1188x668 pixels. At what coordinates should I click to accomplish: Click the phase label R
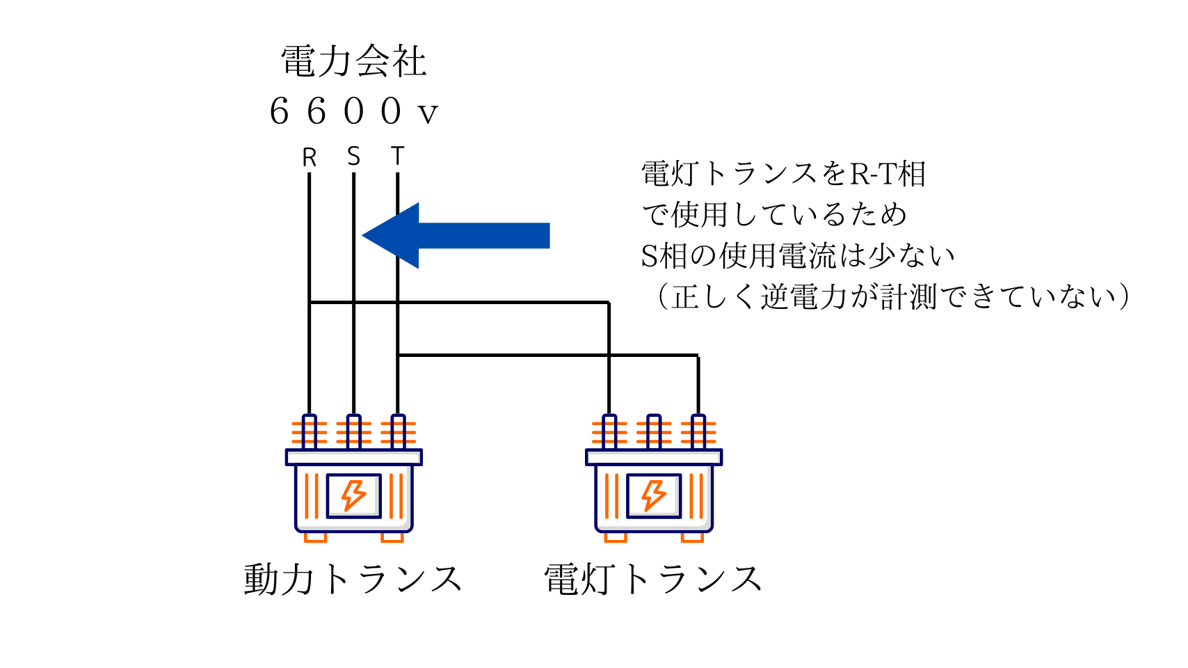[x=310, y=158]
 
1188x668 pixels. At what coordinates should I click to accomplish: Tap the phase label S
[x=354, y=157]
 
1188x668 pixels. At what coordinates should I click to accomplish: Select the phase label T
[x=397, y=157]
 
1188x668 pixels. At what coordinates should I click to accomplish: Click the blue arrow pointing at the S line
[x=456, y=235]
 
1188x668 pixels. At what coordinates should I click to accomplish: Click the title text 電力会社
[x=353, y=61]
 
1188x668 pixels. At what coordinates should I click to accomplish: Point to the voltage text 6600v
[x=353, y=111]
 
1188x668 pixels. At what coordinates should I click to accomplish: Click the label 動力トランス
[x=353, y=580]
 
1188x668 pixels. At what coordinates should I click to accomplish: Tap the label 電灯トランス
[x=652, y=580]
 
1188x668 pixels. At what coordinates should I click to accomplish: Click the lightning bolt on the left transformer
[x=353, y=496]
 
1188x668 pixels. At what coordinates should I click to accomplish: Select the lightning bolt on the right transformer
[x=654, y=496]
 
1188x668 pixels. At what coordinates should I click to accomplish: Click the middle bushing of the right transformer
[x=654, y=432]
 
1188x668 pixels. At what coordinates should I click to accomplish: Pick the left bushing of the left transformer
[x=310, y=432]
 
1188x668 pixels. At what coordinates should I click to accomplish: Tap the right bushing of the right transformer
[x=698, y=432]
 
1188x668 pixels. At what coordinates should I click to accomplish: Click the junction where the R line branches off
[x=310, y=303]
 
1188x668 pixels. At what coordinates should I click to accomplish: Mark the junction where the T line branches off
[x=398, y=356]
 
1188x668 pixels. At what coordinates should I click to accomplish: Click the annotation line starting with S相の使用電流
[x=797, y=256]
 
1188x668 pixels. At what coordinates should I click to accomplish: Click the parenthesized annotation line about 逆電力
[x=890, y=297]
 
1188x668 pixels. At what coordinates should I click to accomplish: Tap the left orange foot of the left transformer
[x=315, y=537]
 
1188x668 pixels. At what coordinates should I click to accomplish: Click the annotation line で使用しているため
[x=773, y=215]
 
